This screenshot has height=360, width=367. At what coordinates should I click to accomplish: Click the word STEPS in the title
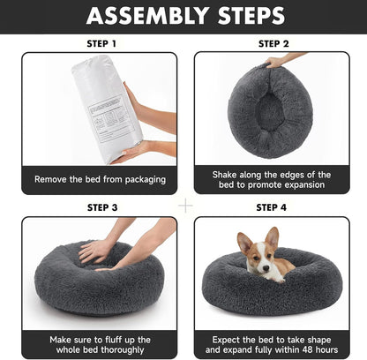click(249, 16)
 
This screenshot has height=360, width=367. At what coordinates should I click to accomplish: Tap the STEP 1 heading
click(99, 42)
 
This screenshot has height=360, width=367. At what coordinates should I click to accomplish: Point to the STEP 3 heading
click(99, 207)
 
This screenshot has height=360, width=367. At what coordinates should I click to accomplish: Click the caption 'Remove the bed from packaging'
click(100, 179)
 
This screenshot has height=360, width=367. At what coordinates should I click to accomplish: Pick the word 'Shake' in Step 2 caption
click(228, 173)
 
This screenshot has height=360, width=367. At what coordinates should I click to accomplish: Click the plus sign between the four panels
click(185, 205)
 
